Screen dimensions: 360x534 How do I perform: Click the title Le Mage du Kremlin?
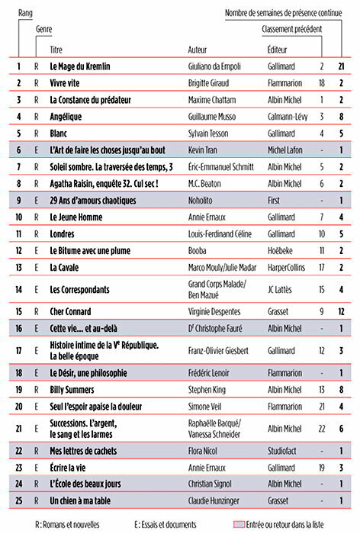tap(80, 67)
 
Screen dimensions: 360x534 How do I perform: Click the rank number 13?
tap(18, 267)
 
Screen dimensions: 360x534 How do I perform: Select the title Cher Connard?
tap(72, 311)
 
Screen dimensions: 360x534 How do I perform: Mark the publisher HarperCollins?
tap(289, 267)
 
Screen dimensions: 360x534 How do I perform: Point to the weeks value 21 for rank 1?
tap(342, 67)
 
